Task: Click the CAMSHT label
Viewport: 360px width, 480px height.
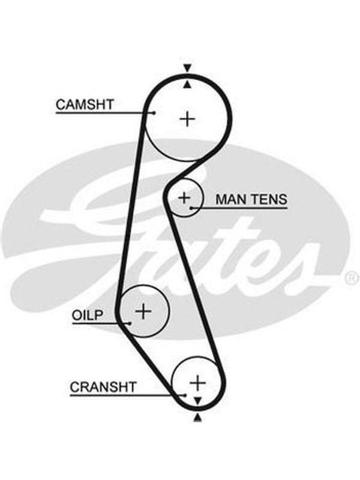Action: (x=85, y=104)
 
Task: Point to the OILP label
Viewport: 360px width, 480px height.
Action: (x=88, y=315)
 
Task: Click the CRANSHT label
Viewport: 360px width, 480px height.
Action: (x=103, y=387)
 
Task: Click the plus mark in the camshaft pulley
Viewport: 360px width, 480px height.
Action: (x=187, y=119)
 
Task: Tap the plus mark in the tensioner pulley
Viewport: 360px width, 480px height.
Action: (x=184, y=198)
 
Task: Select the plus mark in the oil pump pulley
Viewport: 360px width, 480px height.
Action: (x=143, y=311)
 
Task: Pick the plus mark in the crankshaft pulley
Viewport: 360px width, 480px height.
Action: (x=198, y=383)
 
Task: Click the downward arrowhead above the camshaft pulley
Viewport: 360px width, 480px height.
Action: (x=187, y=68)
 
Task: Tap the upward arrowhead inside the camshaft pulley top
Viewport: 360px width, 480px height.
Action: (x=187, y=85)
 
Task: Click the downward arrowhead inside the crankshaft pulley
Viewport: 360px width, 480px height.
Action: (x=198, y=400)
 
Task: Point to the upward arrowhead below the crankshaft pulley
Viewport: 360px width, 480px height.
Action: (x=198, y=417)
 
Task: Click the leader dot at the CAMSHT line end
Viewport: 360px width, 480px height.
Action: (x=154, y=113)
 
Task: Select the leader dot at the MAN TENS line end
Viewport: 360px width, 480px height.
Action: (x=191, y=208)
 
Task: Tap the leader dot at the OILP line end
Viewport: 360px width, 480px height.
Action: (x=130, y=323)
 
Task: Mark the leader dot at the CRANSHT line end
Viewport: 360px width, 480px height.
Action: (x=185, y=395)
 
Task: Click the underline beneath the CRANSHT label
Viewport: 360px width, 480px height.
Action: (x=127, y=395)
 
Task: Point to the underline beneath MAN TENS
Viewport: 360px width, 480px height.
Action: (x=239, y=208)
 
